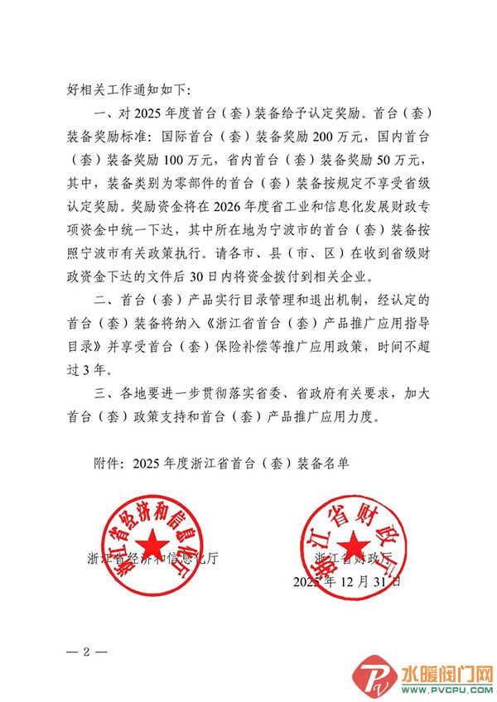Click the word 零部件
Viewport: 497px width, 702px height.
220,175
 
